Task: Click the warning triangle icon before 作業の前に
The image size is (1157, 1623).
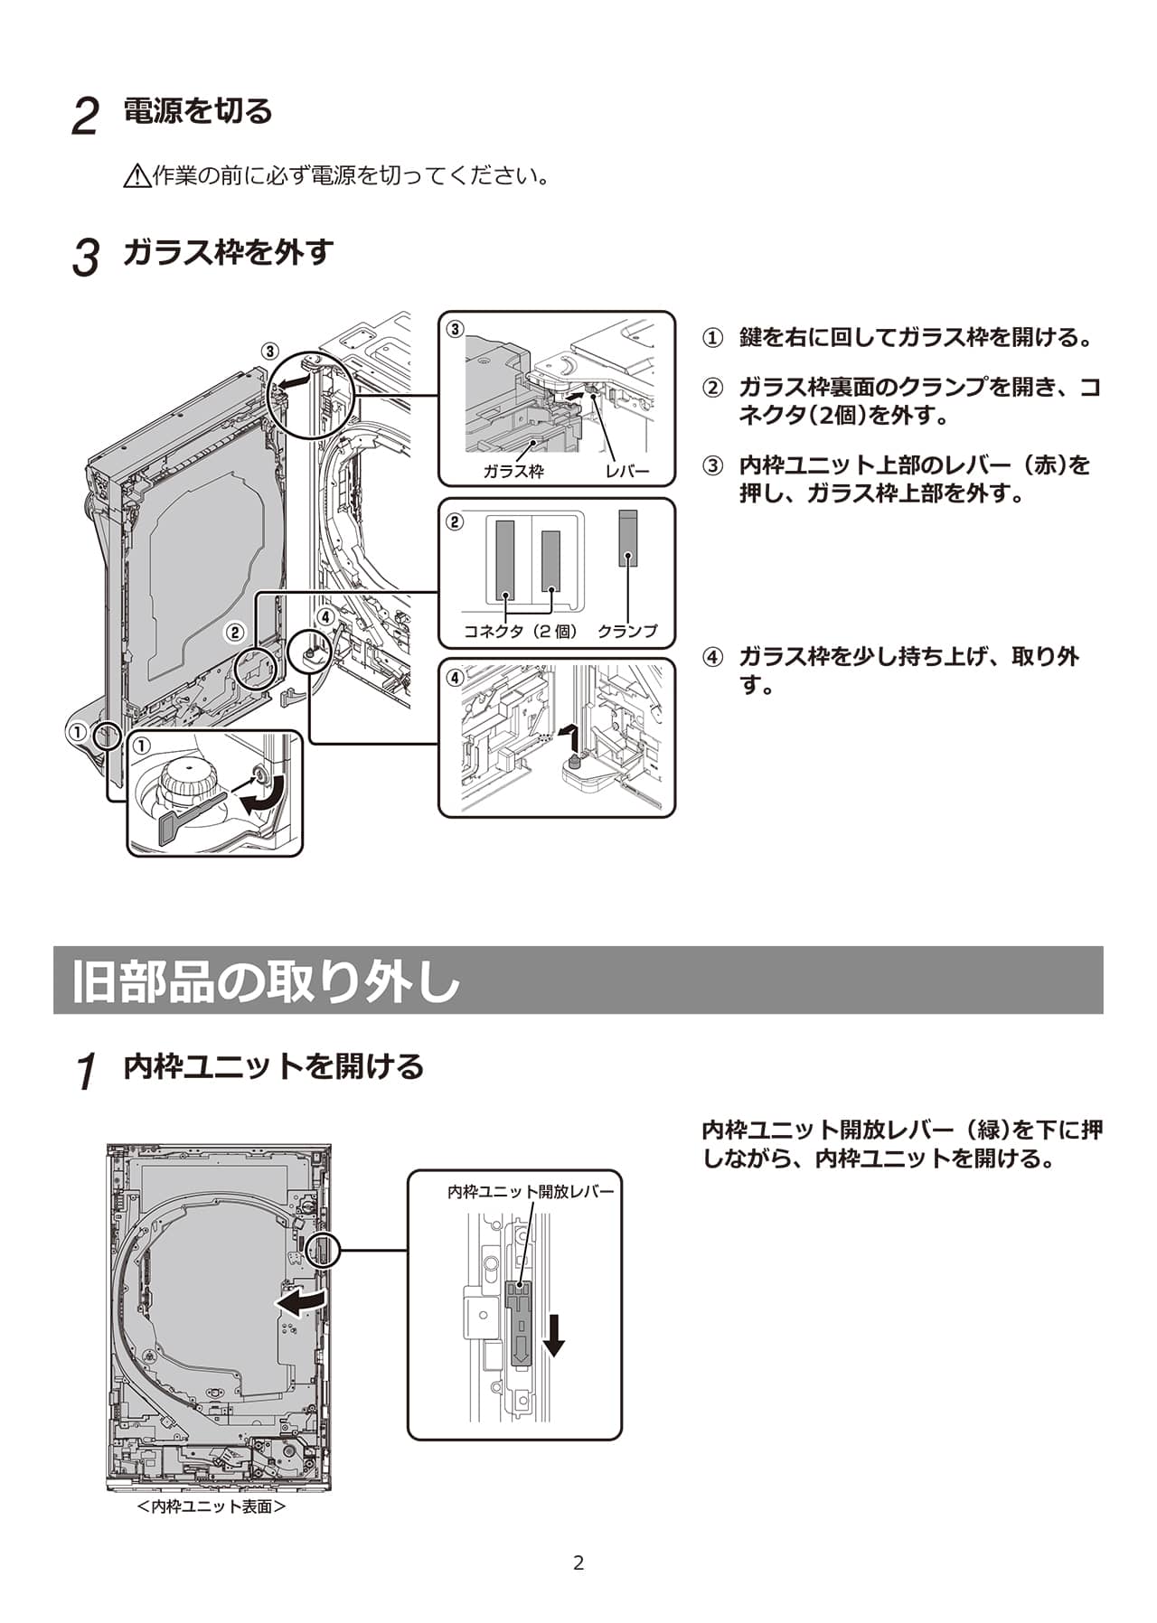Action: point(136,175)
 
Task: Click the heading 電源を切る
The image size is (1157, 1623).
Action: point(197,111)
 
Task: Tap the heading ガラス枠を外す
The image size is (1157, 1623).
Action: point(228,252)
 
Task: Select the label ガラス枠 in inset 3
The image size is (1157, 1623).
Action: point(513,471)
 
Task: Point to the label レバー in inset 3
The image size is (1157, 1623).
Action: point(627,471)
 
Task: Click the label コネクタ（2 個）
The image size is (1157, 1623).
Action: point(521,631)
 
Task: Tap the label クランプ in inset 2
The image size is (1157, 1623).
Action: point(627,631)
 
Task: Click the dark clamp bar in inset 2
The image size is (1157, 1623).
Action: point(628,539)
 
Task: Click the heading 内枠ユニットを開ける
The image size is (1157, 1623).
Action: point(273,1066)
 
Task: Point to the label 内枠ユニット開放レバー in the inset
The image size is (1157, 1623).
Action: point(531,1192)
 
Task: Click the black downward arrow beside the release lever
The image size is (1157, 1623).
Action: point(554,1336)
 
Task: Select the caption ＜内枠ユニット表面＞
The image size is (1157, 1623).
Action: point(212,1506)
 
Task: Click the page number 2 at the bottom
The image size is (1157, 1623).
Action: point(578,1562)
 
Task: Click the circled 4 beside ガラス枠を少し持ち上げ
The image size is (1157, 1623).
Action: point(713,657)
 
